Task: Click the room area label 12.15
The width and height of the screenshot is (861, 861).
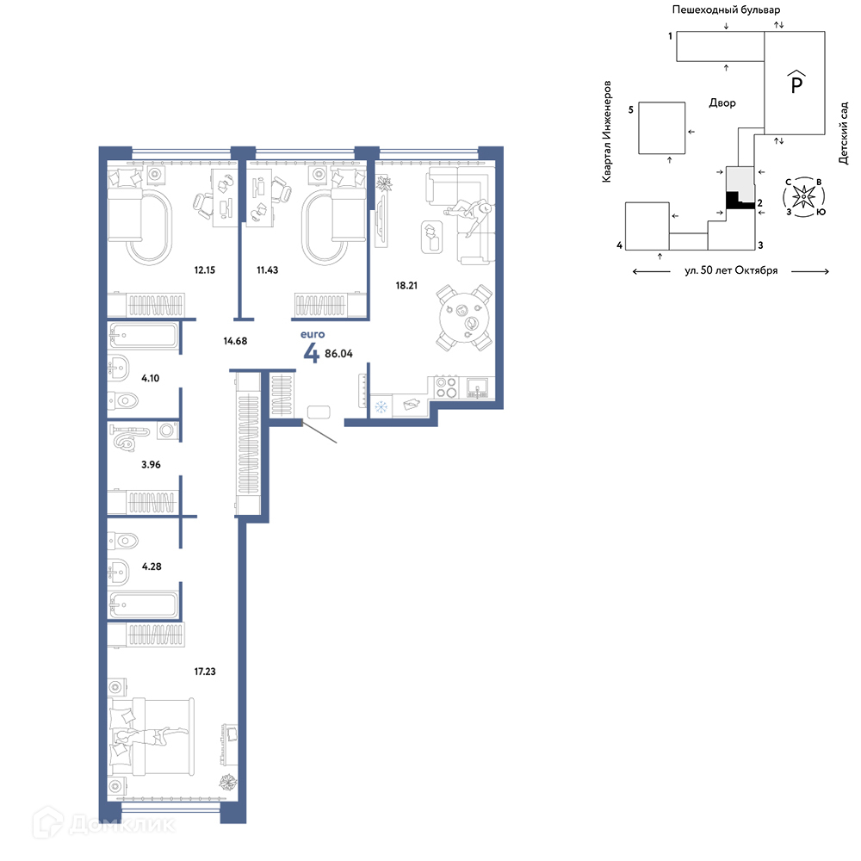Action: pyautogui.click(x=204, y=270)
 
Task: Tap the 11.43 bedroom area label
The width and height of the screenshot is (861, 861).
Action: pyautogui.click(x=268, y=270)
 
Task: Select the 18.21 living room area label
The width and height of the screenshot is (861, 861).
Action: pyautogui.click(x=406, y=286)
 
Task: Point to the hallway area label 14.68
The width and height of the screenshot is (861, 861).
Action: pyautogui.click(x=235, y=341)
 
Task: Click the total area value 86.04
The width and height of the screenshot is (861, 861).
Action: pyautogui.click(x=338, y=354)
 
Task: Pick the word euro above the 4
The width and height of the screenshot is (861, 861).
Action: pyautogui.click(x=313, y=334)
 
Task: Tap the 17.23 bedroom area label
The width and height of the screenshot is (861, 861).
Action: pyautogui.click(x=205, y=672)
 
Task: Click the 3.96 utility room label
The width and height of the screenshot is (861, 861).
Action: pyautogui.click(x=151, y=465)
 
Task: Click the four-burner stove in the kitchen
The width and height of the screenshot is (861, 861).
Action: pyautogui.click(x=445, y=387)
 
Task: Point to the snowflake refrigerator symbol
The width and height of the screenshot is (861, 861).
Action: pyautogui.click(x=381, y=407)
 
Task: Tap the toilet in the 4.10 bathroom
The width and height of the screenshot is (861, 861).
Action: pyautogui.click(x=122, y=401)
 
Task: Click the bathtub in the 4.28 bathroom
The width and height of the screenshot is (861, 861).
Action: pyautogui.click(x=143, y=605)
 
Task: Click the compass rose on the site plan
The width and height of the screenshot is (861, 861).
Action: pyautogui.click(x=804, y=196)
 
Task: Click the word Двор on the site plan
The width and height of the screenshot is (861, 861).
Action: pyautogui.click(x=722, y=102)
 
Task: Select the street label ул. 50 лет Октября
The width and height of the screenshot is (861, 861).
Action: pyautogui.click(x=731, y=270)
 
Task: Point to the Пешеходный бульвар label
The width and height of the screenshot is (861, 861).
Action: pyautogui.click(x=726, y=9)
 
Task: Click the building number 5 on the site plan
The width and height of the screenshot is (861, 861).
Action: pyautogui.click(x=631, y=110)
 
